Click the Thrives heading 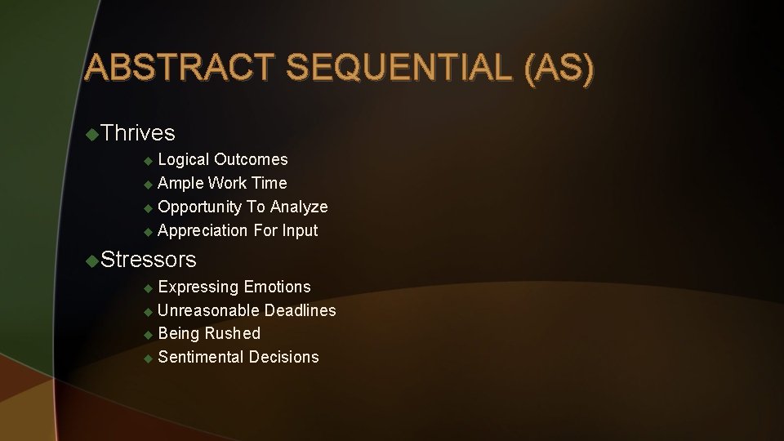click(139, 132)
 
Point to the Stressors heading click(149, 260)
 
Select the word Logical click(184, 159)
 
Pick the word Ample click(180, 183)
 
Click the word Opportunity click(200, 207)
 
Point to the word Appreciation click(203, 231)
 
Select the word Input click(300, 231)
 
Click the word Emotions click(277, 287)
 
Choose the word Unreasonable click(208, 310)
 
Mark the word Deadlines click(300, 310)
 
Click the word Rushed click(233, 333)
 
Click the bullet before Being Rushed click(148, 334)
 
